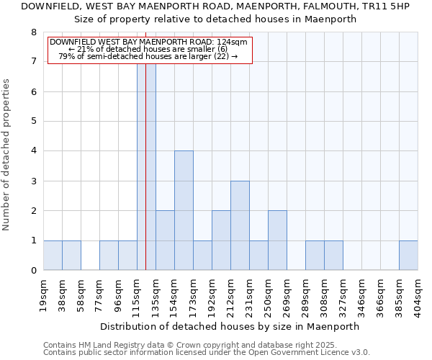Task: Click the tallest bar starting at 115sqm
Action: click(x=146, y=166)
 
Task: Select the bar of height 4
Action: click(x=184, y=210)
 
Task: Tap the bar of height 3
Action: click(x=240, y=225)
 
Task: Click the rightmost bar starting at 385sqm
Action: click(x=408, y=255)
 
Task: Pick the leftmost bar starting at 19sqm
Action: click(x=53, y=255)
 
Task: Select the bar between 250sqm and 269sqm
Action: click(x=277, y=240)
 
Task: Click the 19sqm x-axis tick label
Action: click(x=44, y=295)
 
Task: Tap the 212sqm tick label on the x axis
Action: click(x=231, y=295)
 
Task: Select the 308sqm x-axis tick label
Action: click(x=325, y=295)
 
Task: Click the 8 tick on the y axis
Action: click(x=33, y=32)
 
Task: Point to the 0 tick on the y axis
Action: click(x=33, y=271)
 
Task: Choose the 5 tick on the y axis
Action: click(x=33, y=122)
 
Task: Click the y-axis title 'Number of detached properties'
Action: click(x=7, y=155)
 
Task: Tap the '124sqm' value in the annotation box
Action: click(x=234, y=42)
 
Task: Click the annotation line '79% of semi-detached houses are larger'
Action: click(x=148, y=56)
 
